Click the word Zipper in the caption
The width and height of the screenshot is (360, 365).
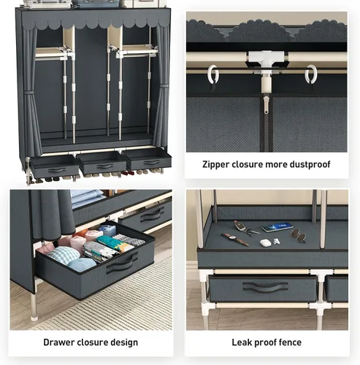point(215,164)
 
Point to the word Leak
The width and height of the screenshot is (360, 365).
point(241,342)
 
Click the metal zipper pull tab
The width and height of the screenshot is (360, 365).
point(267,104)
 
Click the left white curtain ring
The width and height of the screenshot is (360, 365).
point(213,74)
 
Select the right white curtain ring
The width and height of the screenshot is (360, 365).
point(311,74)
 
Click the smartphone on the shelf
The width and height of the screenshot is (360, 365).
point(277,227)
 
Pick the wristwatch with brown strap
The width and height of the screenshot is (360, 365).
point(235,239)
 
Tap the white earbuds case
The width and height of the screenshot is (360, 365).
point(265,242)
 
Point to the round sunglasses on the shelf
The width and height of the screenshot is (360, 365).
point(298,235)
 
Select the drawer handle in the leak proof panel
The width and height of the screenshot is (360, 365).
point(265,287)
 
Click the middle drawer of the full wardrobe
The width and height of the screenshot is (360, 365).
point(102,163)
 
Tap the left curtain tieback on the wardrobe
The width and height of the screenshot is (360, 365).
point(30,93)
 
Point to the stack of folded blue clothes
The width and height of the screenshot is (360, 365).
point(87,198)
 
